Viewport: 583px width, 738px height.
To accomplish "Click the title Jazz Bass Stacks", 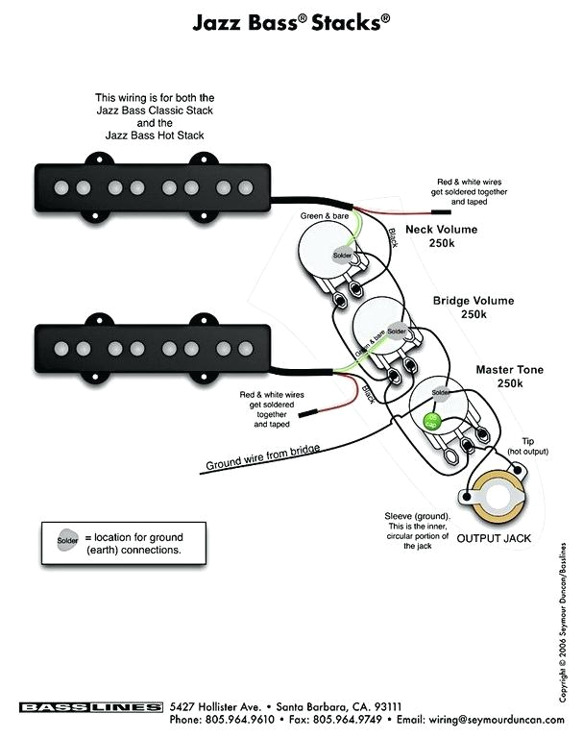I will pyautogui.click(x=290, y=21).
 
